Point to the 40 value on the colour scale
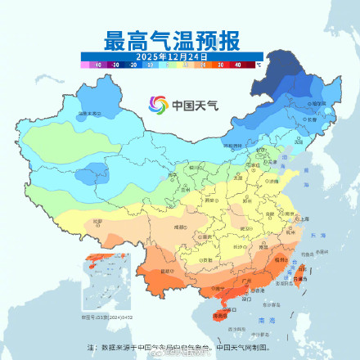pos(238,63)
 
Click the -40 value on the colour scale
pos(97,63)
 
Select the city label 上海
pos(304,219)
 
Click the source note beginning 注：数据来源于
pos(180,347)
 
